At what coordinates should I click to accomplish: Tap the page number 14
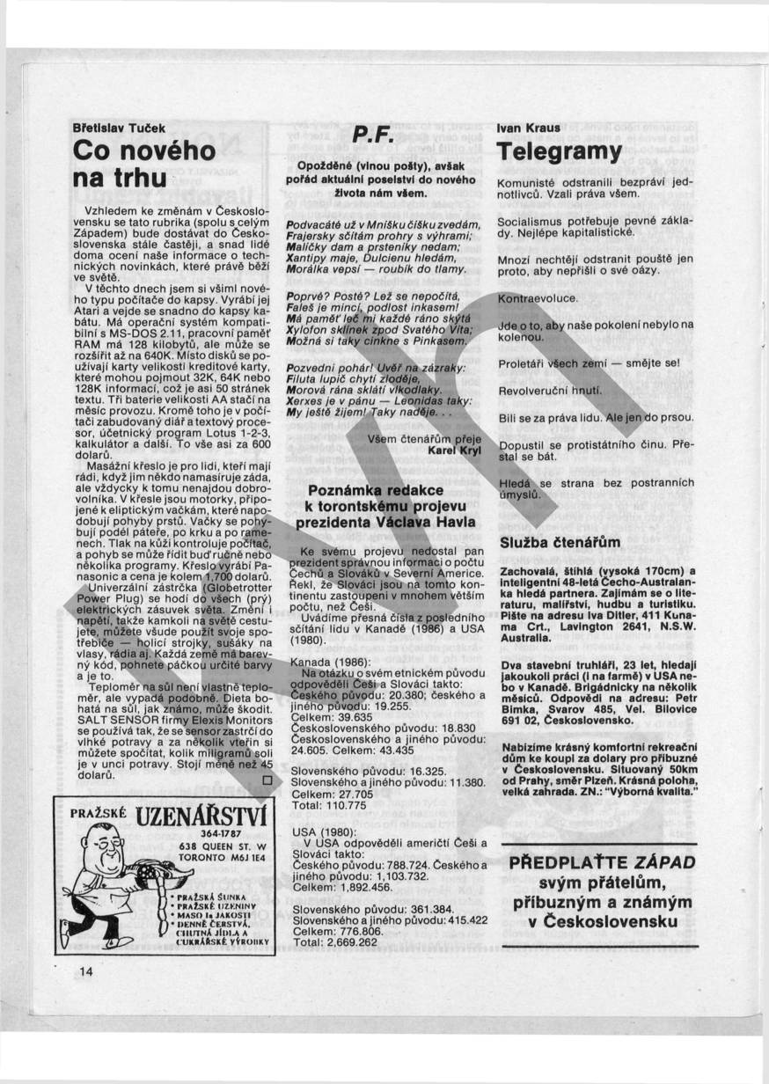click(85, 971)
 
